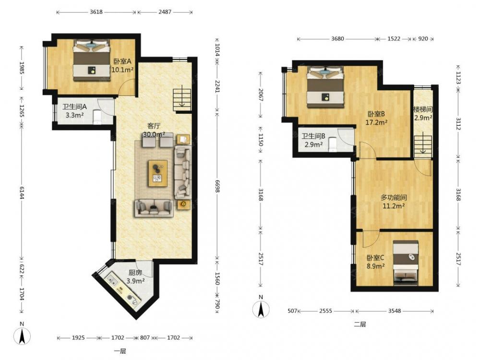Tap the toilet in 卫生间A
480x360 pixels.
coord(97,117)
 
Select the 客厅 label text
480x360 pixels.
coord(154,126)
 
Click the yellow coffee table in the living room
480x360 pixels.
coord(157,173)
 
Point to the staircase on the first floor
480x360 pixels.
coord(182,100)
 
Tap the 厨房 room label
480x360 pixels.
coord(135,273)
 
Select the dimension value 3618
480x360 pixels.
coord(96,12)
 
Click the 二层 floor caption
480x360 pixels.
coord(360,324)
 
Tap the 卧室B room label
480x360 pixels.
coord(376,114)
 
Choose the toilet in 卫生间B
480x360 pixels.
coord(333,144)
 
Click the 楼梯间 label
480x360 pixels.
coord(423,109)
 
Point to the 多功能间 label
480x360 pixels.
coord(394,198)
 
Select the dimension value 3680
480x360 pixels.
coord(337,38)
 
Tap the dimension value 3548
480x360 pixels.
coord(394,311)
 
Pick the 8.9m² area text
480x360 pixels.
coord(376,266)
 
